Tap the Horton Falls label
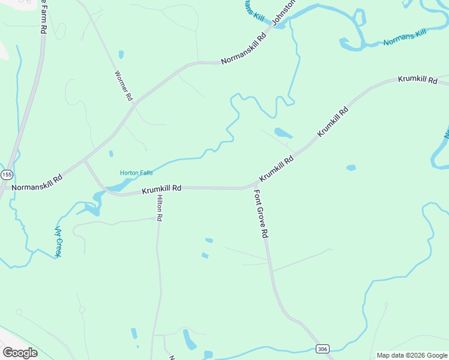136,173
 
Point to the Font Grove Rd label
260,214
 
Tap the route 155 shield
7,175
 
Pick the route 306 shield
322,349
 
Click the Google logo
20,353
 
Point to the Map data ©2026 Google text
412,355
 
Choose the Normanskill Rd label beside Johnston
243,49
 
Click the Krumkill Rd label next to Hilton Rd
161,189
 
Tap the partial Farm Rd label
43,16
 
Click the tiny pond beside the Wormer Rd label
121,55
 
